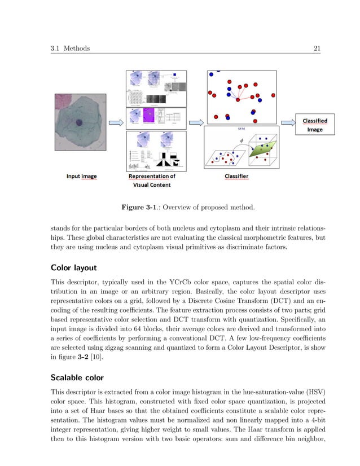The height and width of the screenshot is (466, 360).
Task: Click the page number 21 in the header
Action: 317,49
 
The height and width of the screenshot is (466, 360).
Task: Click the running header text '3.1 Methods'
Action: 70,49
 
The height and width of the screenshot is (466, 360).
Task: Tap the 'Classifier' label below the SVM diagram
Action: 236,177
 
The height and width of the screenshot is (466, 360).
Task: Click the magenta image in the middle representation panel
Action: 150,116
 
